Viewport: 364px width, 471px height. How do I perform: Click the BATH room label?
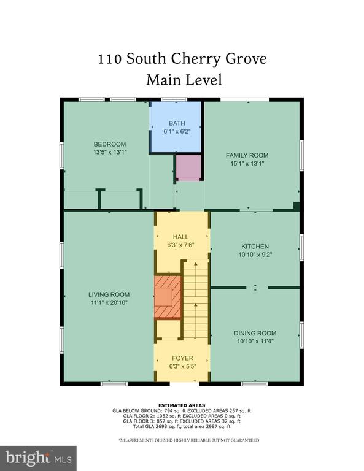point(177,123)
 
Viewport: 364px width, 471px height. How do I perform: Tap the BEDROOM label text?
point(110,144)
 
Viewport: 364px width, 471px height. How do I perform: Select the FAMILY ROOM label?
point(247,155)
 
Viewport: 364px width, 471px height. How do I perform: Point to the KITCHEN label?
point(255,247)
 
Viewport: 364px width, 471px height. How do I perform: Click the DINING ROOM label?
point(255,333)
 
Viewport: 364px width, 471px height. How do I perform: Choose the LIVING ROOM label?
point(109,294)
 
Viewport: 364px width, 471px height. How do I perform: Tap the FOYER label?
point(183,358)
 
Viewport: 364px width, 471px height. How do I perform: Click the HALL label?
point(180,237)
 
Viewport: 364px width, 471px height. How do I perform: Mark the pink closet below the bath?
point(188,167)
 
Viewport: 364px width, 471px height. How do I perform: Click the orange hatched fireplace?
point(168,296)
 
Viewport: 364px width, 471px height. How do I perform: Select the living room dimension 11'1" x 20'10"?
point(109,302)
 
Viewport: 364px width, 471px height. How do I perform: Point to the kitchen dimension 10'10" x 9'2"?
point(255,255)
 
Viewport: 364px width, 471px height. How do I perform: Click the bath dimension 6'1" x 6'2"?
point(177,131)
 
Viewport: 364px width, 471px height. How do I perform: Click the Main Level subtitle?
point(184,80)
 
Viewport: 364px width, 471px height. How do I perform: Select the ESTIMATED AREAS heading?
point(182,405)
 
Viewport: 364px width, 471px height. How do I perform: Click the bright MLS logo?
point(39,458)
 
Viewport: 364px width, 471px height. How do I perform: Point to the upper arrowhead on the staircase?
point(196,264)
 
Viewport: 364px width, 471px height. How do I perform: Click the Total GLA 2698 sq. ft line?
point(182,426)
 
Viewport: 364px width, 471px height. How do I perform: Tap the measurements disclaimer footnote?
point(189,440)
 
